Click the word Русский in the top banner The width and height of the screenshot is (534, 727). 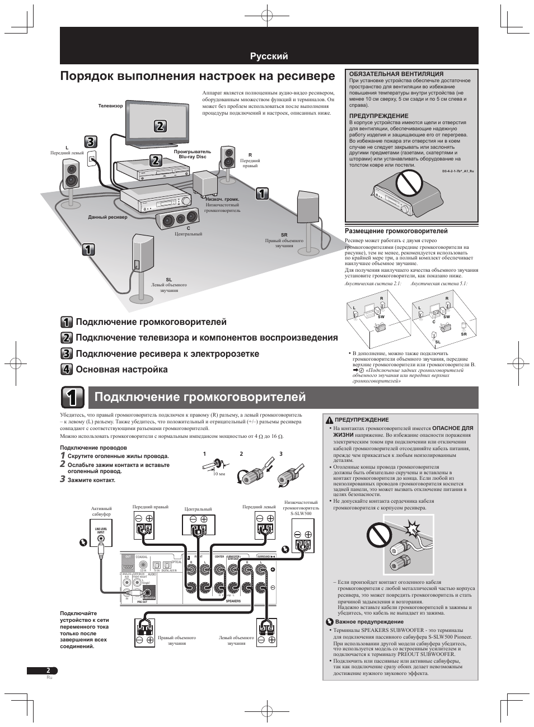(x=269, y=56)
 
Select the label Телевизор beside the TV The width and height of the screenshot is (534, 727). (x=110, y=106)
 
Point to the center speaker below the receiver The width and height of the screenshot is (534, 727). (x=177, y=220)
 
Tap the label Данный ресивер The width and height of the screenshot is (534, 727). (x=107, y=217)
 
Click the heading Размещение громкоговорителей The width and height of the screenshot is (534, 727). (x=396, y=231)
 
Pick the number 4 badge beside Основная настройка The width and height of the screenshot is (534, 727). (x=67, y=369)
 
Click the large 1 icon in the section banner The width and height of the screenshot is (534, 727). (x=73, y=397)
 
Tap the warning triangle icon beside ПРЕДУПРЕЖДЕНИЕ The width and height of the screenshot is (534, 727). (x=330, y=419)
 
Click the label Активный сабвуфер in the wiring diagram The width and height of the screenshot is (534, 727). (x=101, y=511)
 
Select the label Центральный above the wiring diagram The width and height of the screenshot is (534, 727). (x=198, y=509)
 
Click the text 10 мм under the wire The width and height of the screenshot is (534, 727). (x=219, y=474)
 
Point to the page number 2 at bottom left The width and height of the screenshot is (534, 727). (x=48, y=671)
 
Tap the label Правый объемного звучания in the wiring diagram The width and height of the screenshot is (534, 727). (x=176, y=640)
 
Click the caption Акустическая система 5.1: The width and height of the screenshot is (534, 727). (x=439, y=284)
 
